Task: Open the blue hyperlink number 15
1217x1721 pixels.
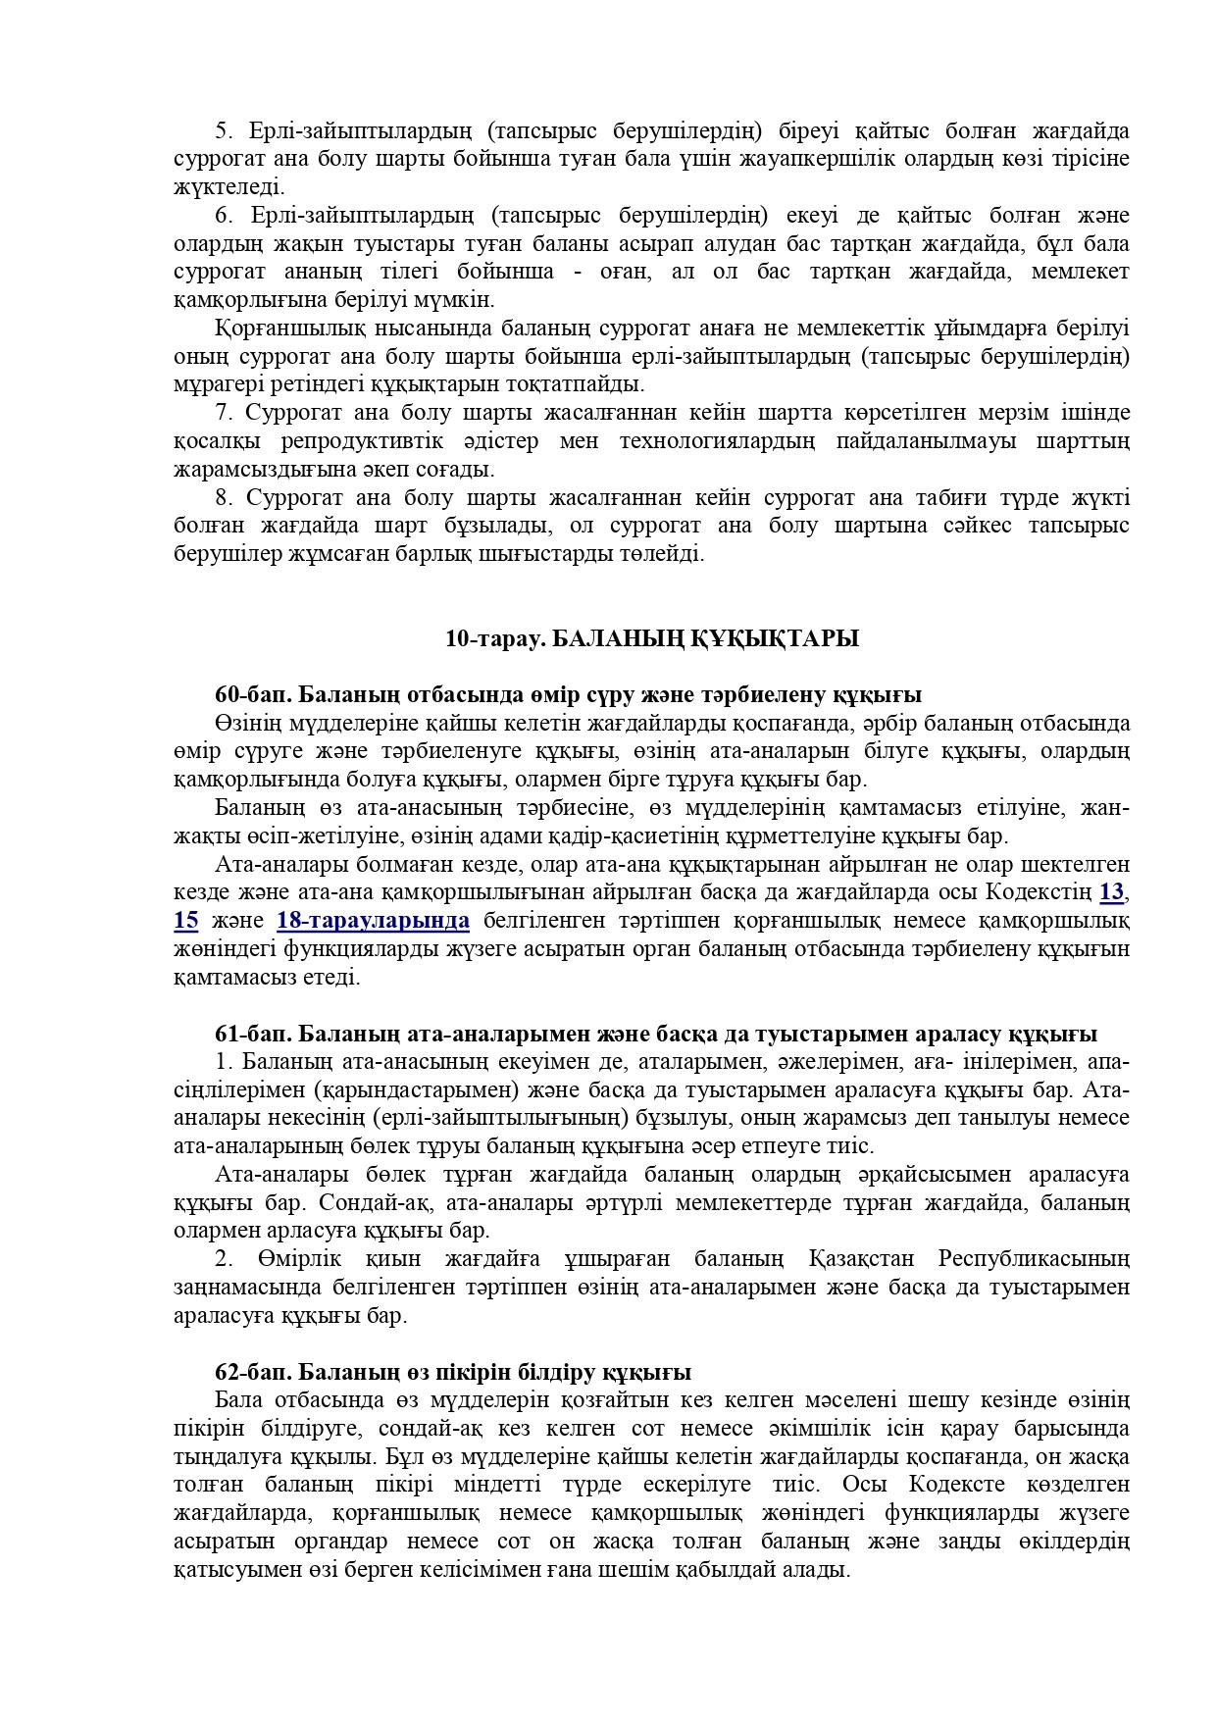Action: point(185,921)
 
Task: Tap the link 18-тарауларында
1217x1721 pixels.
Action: point(373,921)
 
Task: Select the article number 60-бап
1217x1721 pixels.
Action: point(252,695)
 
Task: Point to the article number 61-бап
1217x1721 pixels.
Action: point(252,1034)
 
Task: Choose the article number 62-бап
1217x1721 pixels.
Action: point(252,1372)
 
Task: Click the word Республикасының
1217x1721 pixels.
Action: point(1034,1258)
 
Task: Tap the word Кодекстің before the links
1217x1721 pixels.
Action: point(1038,892)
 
